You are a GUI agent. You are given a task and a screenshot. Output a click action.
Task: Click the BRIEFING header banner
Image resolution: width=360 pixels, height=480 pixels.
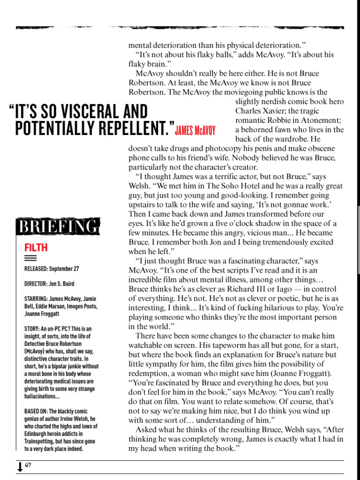[58, 227]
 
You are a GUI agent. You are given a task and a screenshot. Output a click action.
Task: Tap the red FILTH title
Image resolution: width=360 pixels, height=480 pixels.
[36, 247]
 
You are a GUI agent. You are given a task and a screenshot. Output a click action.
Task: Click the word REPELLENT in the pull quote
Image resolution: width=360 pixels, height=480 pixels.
[134, 128]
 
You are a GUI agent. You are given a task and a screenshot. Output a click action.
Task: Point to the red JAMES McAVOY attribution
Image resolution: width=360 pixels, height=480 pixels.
[195, 131]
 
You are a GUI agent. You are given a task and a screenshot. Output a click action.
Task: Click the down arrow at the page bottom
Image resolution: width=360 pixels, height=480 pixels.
[20, 467]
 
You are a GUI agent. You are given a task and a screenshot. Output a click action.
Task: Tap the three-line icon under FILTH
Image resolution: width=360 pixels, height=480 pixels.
[30, 258]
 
